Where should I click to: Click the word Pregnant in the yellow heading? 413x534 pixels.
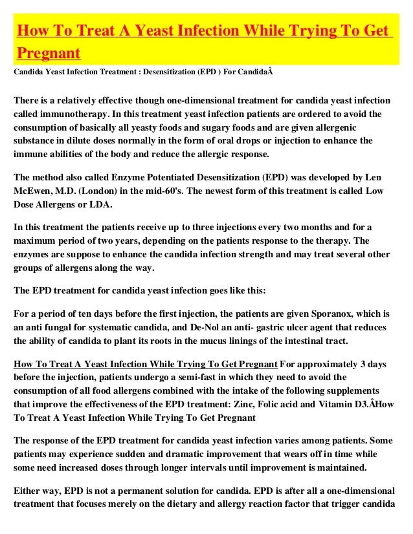coord(49,52)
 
